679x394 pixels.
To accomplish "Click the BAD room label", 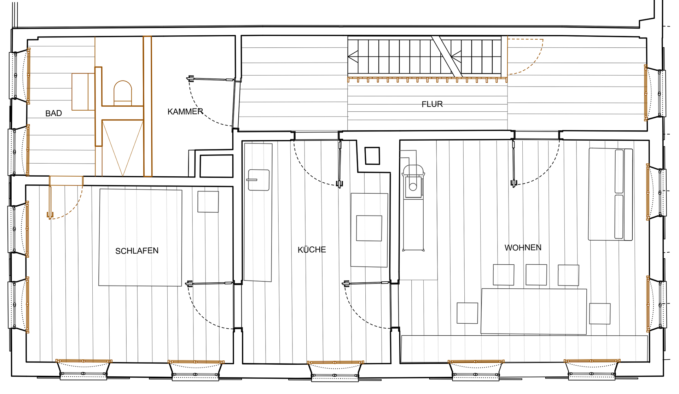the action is point(53,113).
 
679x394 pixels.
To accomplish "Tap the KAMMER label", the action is point(185,112).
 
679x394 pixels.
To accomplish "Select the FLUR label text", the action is point(432,104).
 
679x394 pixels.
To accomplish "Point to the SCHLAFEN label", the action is point(137,251).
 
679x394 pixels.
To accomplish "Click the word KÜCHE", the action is point(312,250).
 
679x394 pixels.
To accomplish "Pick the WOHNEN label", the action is point(523,248).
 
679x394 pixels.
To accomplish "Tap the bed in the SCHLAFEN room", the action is point(140,237).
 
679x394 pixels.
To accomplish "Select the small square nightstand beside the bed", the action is point(208,202).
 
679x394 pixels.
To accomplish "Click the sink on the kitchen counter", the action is point(259,180).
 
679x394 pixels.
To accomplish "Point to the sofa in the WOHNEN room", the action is point(610,194).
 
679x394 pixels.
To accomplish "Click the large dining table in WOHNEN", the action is point(534,311).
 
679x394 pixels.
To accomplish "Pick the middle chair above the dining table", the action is point(536,275).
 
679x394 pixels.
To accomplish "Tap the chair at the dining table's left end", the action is point(467,313).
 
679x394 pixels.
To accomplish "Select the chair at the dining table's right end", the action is point(600,313).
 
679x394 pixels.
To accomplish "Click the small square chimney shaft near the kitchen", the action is point(372,156).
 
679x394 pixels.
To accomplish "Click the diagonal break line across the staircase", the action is point(447,57).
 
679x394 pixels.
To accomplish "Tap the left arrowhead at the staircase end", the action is point(353,57).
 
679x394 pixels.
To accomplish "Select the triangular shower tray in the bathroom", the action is point(123,148).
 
